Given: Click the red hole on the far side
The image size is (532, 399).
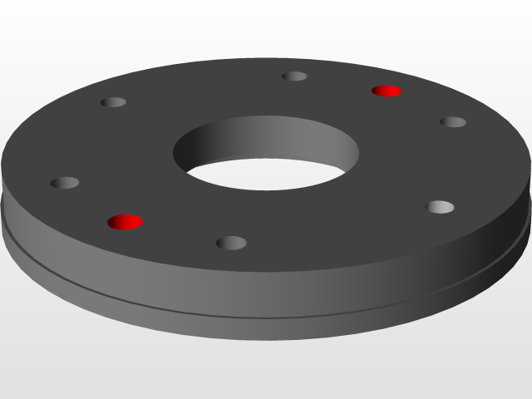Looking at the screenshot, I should coord(387,90).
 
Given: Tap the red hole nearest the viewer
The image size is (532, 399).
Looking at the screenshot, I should coord(126,222).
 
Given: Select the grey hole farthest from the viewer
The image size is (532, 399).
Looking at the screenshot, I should coord(294,76).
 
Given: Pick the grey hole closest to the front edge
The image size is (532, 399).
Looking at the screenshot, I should coord(231,243).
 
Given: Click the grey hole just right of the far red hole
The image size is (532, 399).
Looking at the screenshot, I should coord(453,122).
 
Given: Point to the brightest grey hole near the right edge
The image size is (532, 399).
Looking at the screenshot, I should coord(440,206).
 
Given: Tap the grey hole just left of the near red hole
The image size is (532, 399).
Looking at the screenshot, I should coord(65,183).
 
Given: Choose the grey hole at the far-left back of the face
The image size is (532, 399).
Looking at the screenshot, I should coord(113,102).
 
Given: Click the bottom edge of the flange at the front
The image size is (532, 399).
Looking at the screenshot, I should coord(249,339).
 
